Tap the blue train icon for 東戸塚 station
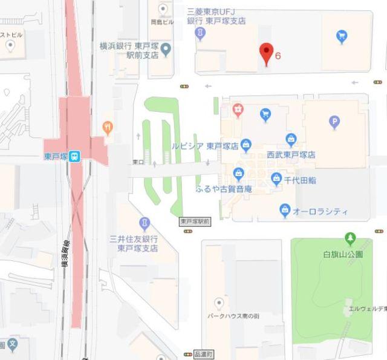(x=74, y=156)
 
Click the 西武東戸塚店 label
(x=291, y=155)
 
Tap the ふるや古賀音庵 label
(x=224, y=189)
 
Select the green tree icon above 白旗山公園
(x=349, y=237)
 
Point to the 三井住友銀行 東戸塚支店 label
(x=137, y=243)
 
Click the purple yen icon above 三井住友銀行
(x=144, y=223)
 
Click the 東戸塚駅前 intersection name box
(x=195, y=222)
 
